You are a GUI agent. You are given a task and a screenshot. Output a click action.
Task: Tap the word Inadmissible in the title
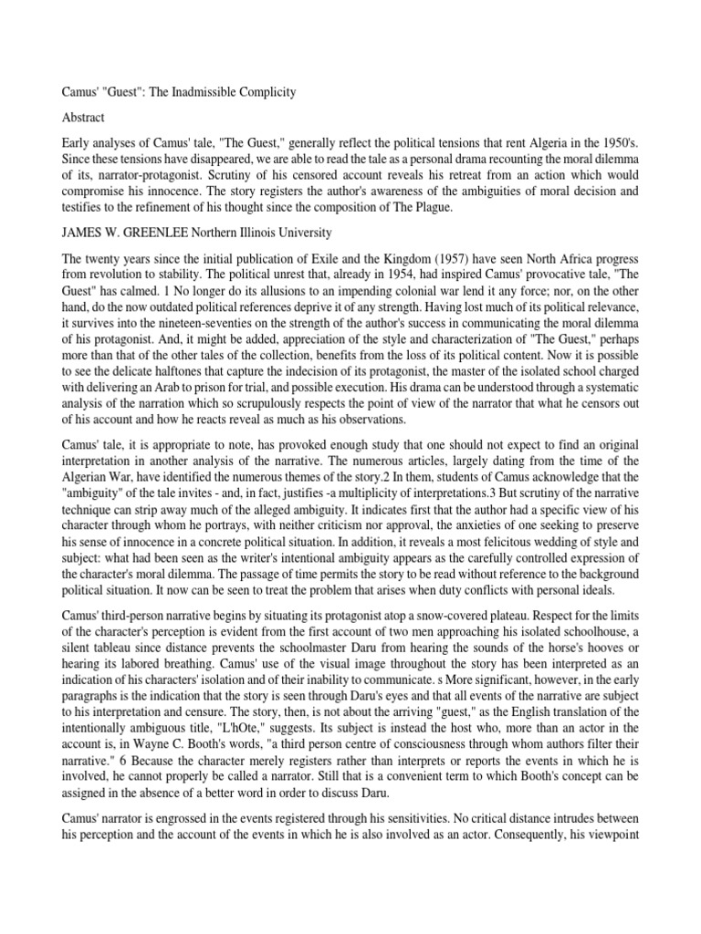click(x=200, y=92)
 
